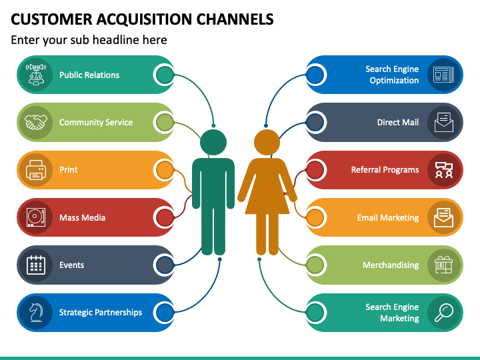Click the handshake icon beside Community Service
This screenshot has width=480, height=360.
(x=36, y=122)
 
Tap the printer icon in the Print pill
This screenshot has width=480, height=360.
(x=36, y=170)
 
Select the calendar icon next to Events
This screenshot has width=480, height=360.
(x=36, y=265)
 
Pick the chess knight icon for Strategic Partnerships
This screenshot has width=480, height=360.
(x=36, y=312)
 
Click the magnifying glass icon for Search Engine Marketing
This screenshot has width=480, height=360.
(x=444, y=312)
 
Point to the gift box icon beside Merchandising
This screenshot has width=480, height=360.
(x=443, y=265)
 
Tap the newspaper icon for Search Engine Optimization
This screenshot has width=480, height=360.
(x=444, y=75)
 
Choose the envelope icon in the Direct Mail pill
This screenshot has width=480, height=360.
(x=444, y=122)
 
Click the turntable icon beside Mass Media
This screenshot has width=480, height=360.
(x=36, y=217)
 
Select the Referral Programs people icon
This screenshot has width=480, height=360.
(x=444, y=170)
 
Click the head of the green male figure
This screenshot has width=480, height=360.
(x=213, y=143)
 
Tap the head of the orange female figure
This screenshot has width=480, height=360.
(x=267, y=143)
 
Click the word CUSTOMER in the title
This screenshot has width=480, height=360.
(x=51, y=19)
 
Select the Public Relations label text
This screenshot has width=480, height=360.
(x=89, y=75)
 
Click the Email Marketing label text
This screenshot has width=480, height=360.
(x=388, y=217)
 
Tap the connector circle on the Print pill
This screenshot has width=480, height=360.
(x=165, y=170)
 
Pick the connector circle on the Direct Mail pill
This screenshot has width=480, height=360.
(x=315, y=122)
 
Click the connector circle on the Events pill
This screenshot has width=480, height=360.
(x=165, y=265)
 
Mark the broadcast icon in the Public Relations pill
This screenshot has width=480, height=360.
(x=36, y=75)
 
